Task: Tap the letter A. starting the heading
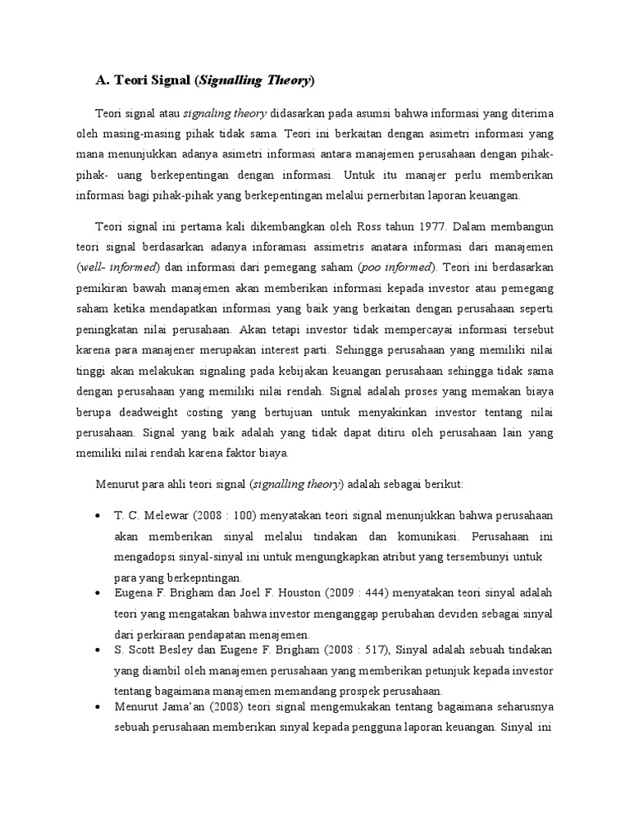[x=103, y=80]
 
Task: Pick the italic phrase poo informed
[x=402, y=267]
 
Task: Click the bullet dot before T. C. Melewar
[x=98, y=514]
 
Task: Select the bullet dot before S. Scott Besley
[x=98, y=651]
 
